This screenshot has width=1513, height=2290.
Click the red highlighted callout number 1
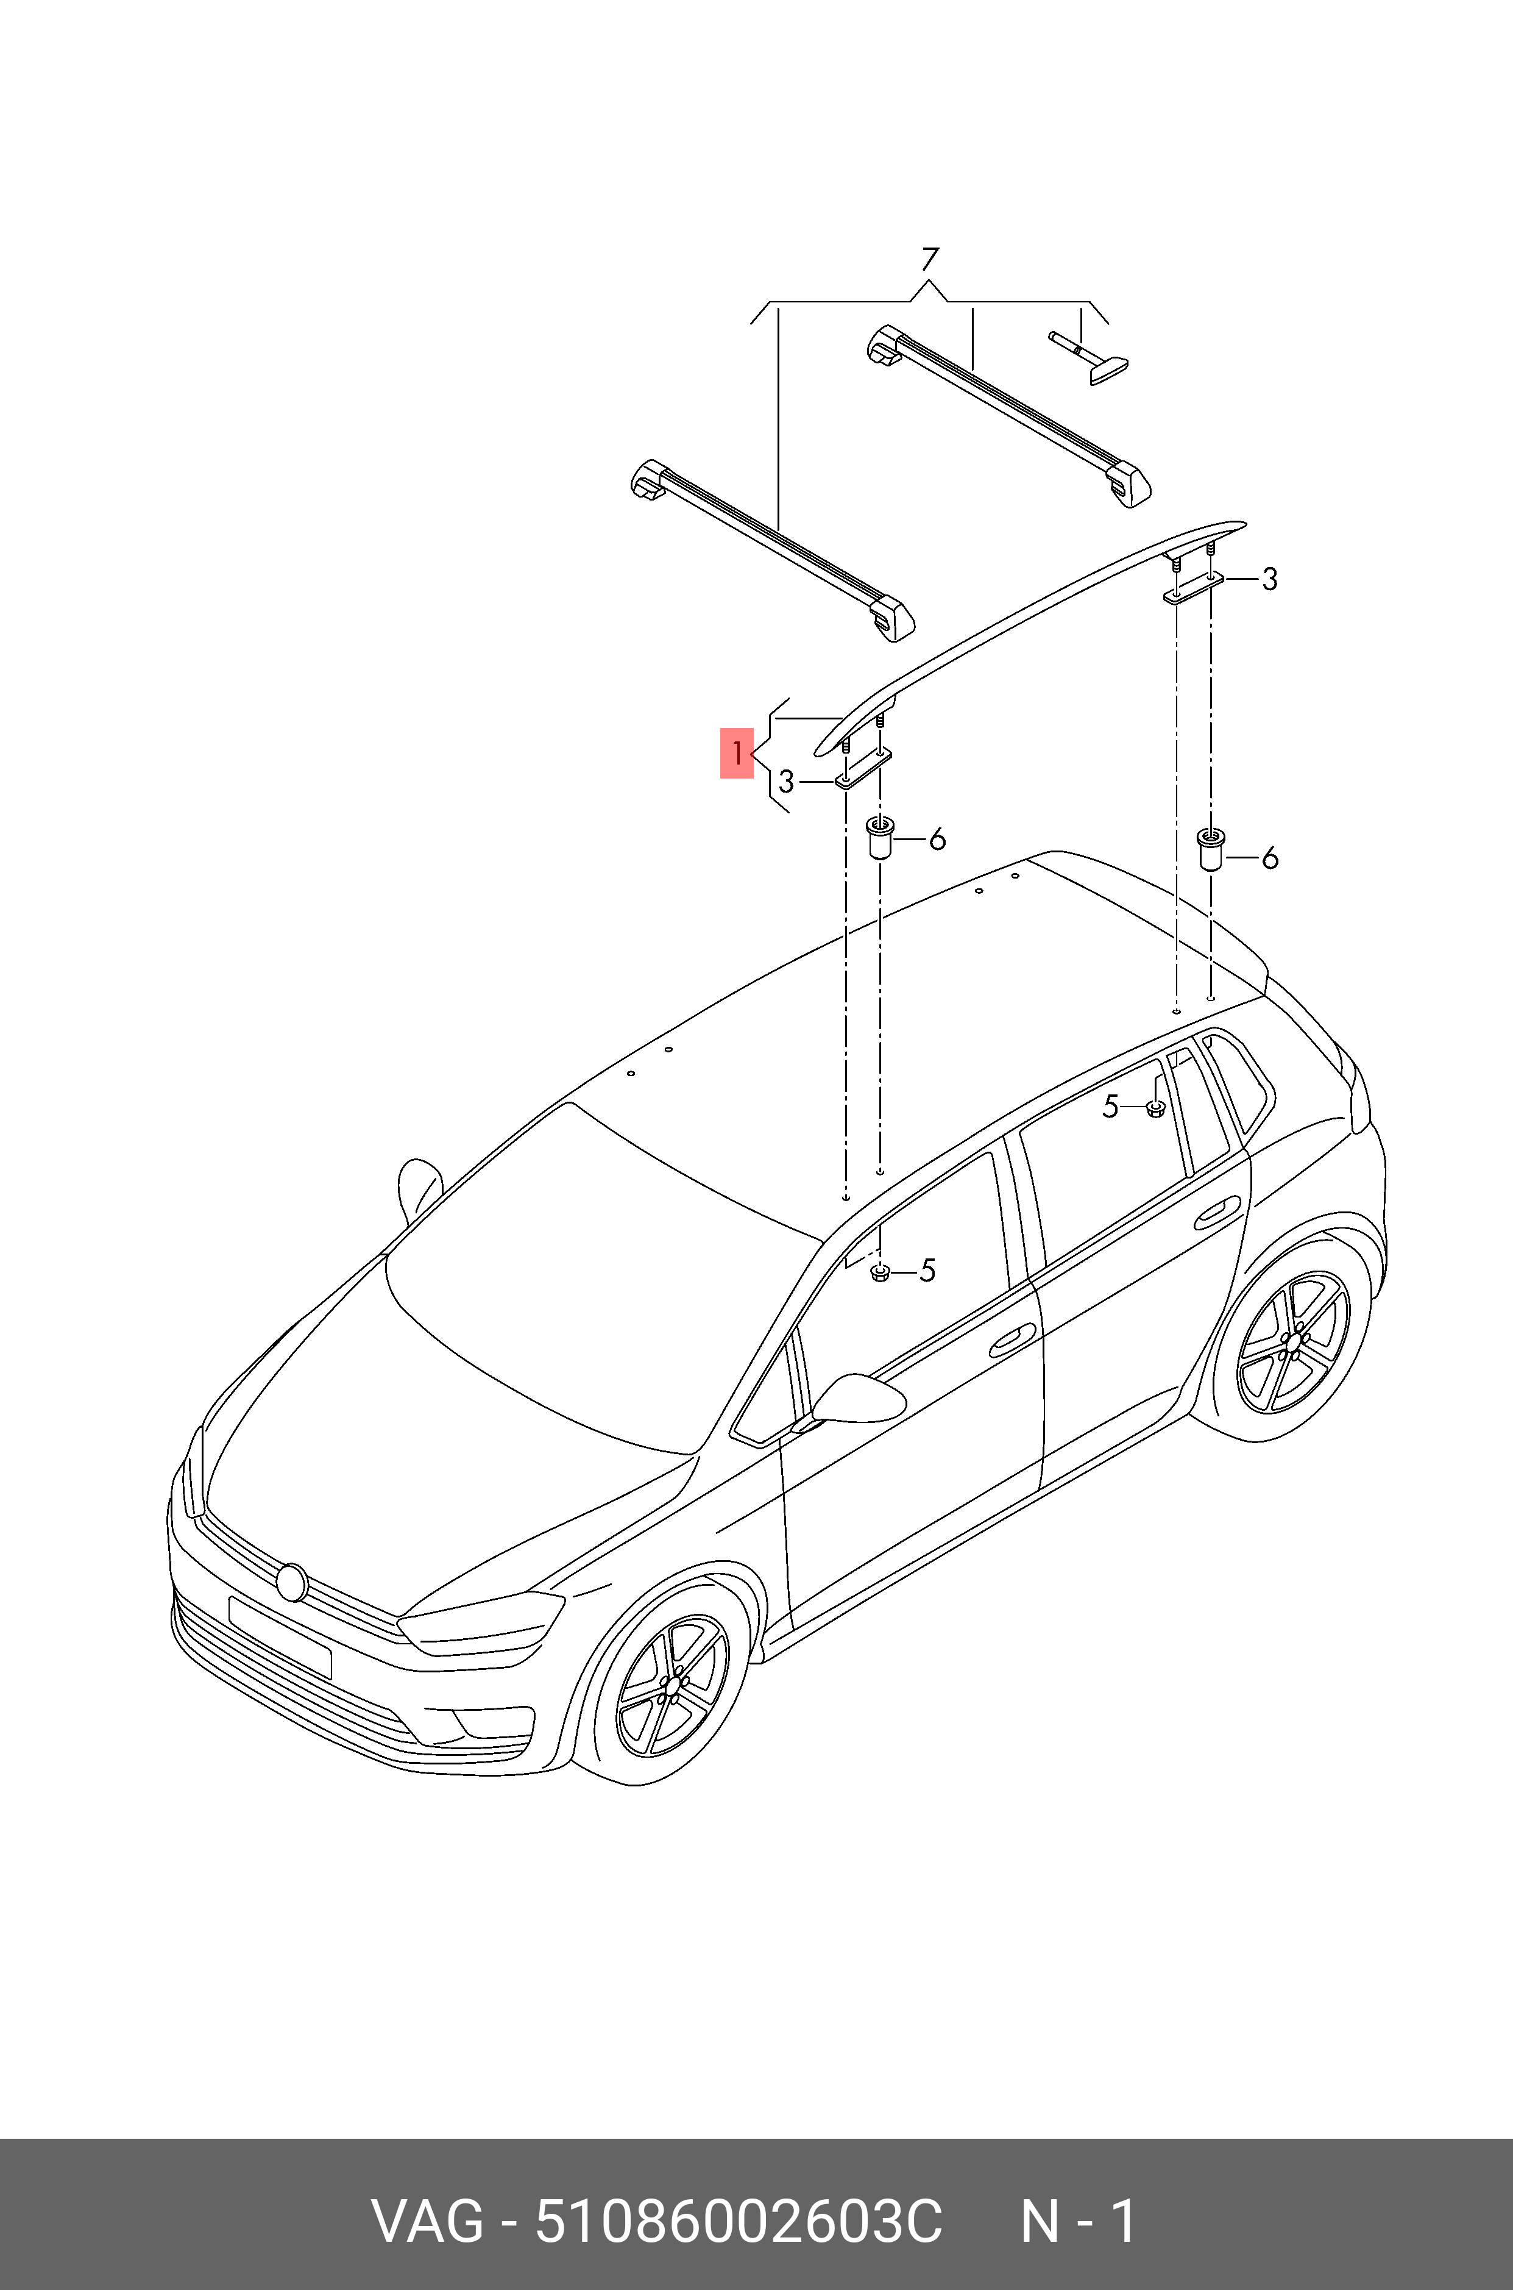coord(736,753)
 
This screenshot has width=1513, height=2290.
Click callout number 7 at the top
coord(929,260)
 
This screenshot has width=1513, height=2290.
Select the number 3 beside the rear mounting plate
coord(1270,579)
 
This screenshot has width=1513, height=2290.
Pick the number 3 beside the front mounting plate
coord(787,781)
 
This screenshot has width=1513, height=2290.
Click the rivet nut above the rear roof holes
coord(1210,849)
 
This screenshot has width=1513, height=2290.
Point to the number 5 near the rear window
coord(1111,1107)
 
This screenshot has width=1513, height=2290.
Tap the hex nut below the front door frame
coord(879,1272)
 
